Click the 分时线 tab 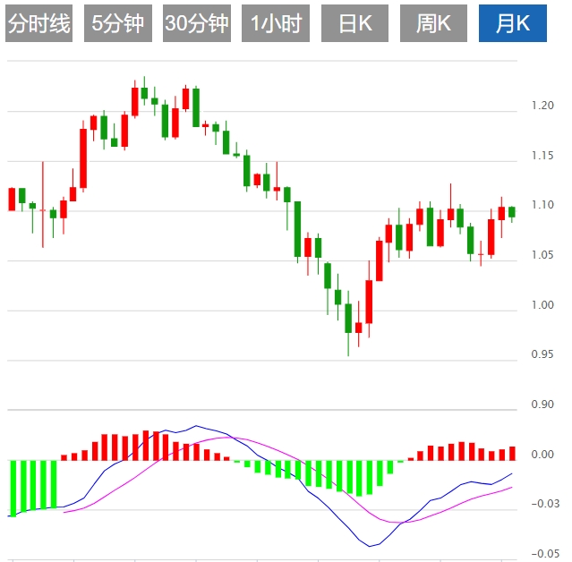point(38,24)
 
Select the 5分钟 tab point(118,24)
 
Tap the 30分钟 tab point(197,24)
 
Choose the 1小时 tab point(276,24)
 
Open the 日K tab point(354,24)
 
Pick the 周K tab point(433,24)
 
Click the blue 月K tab point(513,24)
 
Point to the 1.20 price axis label point(542,106)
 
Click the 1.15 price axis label point(542,157)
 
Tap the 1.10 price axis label point(542,206)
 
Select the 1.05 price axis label point(542,256)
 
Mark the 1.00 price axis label point(542,306)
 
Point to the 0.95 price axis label point(542,355)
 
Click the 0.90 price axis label point(542,405)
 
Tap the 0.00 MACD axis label point(542,455)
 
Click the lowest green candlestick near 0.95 point(348,319)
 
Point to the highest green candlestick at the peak point(144,91)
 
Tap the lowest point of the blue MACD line point(370,546)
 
